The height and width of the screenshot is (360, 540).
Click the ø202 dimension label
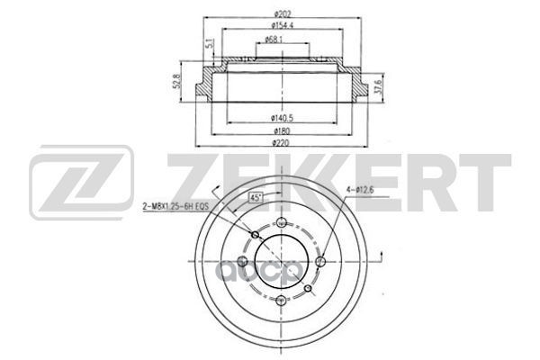(x=284, y=12)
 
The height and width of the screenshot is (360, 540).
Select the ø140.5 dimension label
(x=285, y=117)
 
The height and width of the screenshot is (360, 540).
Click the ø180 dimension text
(x=284, y=131)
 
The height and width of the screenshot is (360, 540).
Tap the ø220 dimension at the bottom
(x=284, y=145)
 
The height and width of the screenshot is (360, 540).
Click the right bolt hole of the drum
(x=321, y=263)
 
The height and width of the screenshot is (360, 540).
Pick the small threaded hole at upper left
(x=256, y=236)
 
